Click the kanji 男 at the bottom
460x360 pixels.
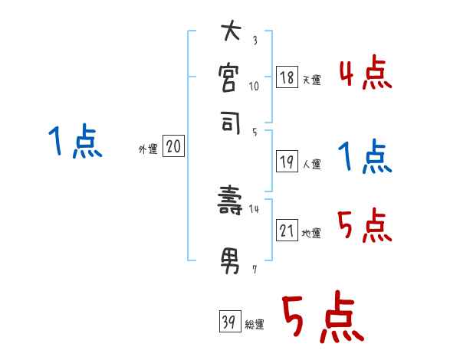230,261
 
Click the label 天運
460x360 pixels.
311,80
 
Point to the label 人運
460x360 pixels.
311,164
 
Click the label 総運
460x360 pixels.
255,325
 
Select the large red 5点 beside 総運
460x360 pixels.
322,319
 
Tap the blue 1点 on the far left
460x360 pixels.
75,142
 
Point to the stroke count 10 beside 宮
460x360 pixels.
255,86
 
